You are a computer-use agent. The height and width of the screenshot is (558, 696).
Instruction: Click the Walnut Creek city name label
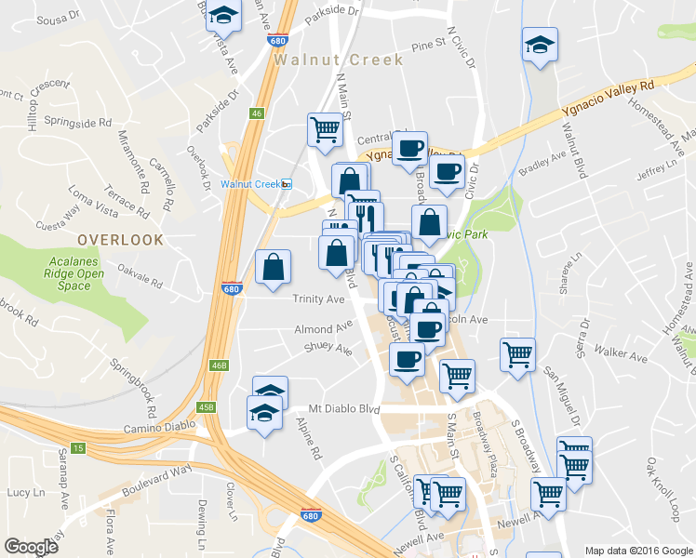tap(339, 60)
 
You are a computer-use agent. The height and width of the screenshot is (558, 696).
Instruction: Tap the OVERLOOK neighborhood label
tap(120, 239)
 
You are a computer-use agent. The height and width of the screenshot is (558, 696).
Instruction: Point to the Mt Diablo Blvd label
tap(344, 409)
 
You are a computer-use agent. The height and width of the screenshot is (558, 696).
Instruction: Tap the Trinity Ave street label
tap(319, 299)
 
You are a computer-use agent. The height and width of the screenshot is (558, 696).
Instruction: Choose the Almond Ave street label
tap(324, 329)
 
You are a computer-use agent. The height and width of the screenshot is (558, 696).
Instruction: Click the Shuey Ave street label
tap(328, 350)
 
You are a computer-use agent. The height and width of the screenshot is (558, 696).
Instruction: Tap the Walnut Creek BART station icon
tap(287, 183)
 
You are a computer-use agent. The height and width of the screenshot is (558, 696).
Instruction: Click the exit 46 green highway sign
tap(257, 113)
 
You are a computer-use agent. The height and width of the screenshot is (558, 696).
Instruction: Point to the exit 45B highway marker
tap(207, 406)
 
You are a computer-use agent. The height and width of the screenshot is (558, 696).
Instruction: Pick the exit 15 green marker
tap(78, 448)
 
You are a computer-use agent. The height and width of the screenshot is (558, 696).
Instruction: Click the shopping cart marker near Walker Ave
tap(517, 353)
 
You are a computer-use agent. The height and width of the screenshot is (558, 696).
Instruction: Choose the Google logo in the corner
tap(31, 547)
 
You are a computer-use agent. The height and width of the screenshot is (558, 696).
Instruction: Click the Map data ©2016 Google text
tap(638, 550)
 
